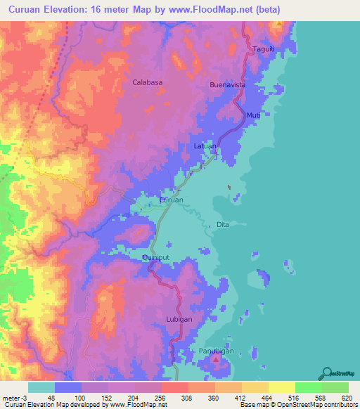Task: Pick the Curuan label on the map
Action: (x=172, y=200)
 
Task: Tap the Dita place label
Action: (x=223, y=225)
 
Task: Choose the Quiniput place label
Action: (x=155, y=258)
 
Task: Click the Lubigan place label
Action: (x=179, y=318)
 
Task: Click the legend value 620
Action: (x=345, y=398)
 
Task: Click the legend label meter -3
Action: (x=13, y=398)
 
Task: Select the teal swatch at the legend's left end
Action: (x=41, y=387)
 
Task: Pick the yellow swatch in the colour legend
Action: (x=281, y=387)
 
